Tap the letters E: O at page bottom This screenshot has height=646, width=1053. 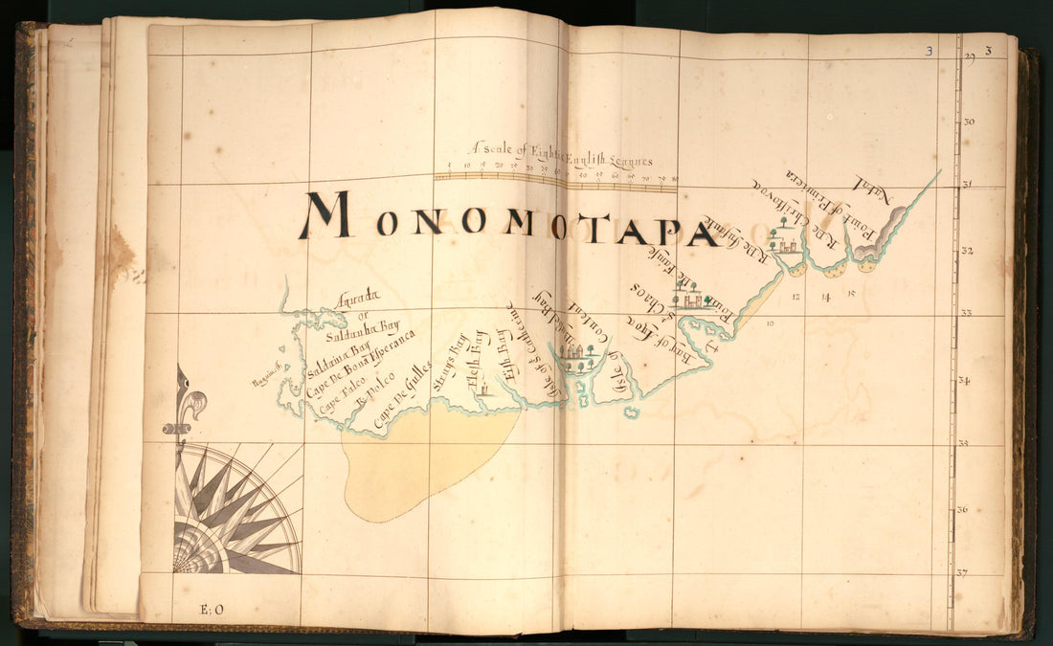[x=211, y=609]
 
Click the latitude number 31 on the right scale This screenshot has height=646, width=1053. [x=968, y=185]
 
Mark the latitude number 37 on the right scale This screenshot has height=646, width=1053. [x=962, y=572]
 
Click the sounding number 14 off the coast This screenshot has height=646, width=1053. [x=825, y=297]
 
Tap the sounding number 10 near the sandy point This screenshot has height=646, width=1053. [x=771, y=323]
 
